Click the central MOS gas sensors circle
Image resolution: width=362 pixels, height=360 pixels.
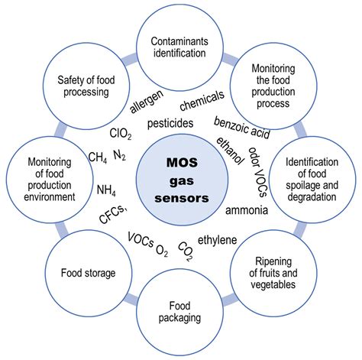click(x=182, y=180)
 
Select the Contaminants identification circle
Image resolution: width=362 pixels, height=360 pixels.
click(x=179, y=47)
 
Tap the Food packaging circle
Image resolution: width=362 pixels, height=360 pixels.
click(x=179, y=313)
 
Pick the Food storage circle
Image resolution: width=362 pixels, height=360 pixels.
click(x=89, y=273)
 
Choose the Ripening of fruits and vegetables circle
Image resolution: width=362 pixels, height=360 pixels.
click(x=273, y=273)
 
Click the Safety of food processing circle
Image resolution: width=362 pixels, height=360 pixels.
click(x=86, y=86)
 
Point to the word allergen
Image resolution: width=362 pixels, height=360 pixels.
click(x=147, y=102)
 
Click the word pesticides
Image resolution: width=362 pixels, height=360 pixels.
click(x=170, y=123)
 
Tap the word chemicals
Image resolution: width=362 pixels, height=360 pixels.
click(x=202, y=101)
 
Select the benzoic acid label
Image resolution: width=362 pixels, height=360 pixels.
click(x=241, y=128)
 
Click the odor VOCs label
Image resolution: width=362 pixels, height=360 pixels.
click(x=257, y=172)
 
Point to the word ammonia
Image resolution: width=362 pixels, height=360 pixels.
click(x=247, y=210)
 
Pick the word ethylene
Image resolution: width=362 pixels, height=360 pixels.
click(x=218, y=240)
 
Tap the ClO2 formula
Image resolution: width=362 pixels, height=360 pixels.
click(x=121, y=134)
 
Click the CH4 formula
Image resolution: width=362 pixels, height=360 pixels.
click(x=98, y=157)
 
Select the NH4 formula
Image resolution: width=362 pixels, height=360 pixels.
click(x=106, y=190)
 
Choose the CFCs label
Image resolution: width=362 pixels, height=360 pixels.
click(x=113, y=215)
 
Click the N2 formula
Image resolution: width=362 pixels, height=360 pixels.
click(x=119, y=155)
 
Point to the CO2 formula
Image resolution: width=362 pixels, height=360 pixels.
click(x=185, y=251)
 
